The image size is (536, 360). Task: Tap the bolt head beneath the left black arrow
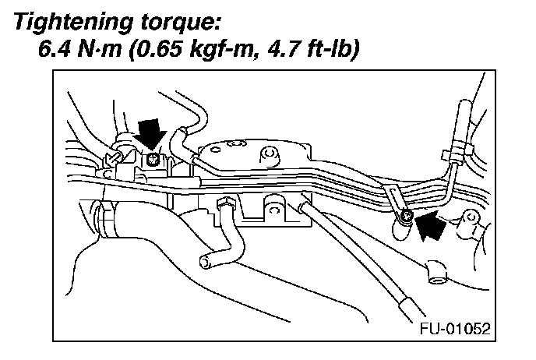(x=154, y=161)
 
